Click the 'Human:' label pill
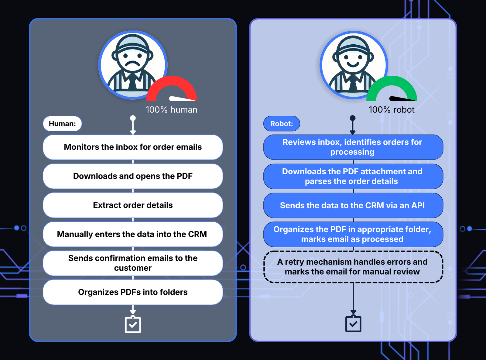[x=62, y=124]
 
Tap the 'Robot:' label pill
[x=282, y=124]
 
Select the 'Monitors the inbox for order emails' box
[x=133, y=147]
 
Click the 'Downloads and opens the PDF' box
[x=133, y=176]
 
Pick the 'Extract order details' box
[x=133, y=205]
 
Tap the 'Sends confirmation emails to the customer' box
[x=133, y=263]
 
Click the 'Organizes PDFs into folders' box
[x=133, y=292]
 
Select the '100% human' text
[x=172, y=110]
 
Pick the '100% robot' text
[x=392, y=110]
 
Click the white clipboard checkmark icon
[x=133, y=324]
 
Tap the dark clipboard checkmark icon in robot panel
[x=353, y=324]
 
